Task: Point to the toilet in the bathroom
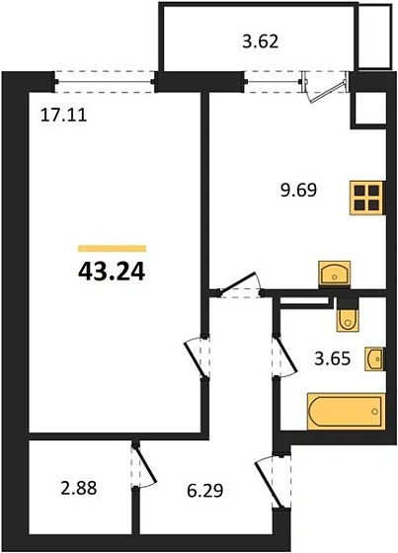tap(346, 317)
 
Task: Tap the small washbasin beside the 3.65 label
tap(374, 359)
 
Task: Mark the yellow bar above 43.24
tap(112, 248)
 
